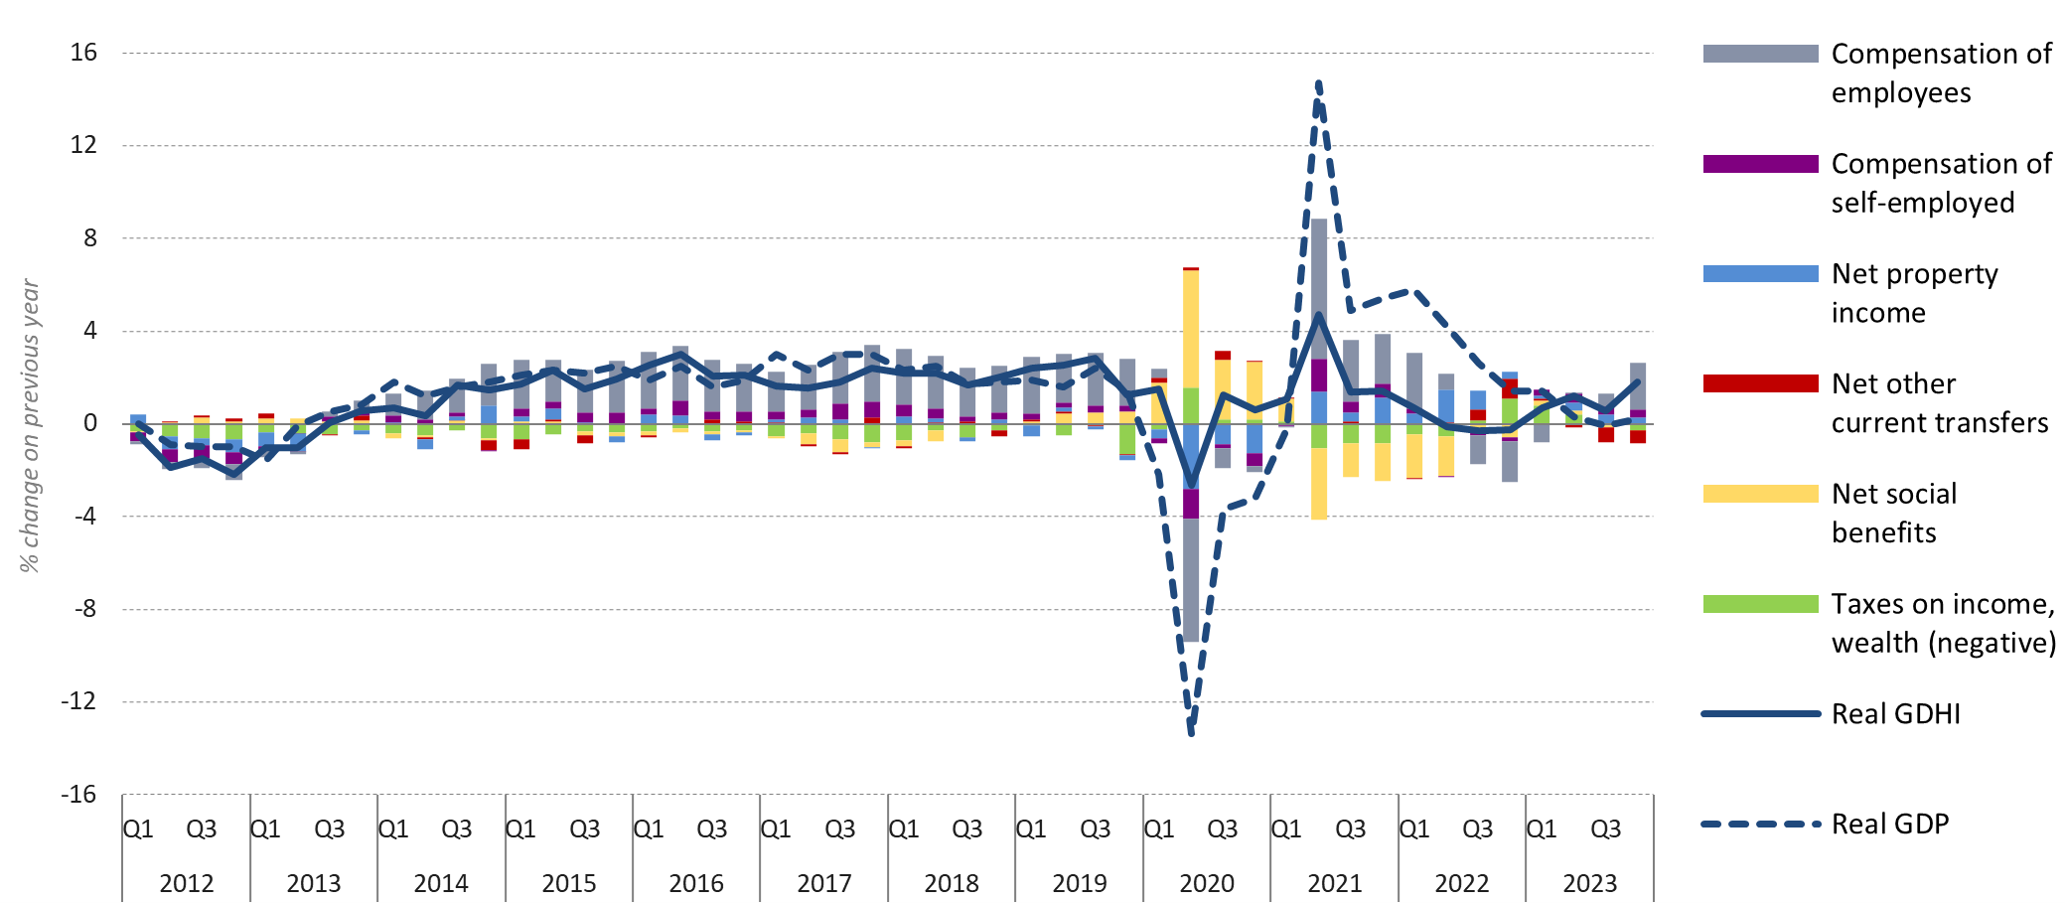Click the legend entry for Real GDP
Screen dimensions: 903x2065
1889,825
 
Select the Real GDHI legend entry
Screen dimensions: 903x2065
1895,714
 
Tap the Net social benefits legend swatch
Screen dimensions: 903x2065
1759,494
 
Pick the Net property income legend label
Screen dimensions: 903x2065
1913,293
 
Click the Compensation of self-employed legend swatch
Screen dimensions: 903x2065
1759,164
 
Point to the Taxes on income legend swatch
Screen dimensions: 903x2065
1759,604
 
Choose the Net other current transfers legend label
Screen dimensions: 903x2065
1939,403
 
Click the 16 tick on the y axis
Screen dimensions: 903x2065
84,53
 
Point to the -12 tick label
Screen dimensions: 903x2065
79,701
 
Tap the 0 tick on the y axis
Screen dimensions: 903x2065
90,423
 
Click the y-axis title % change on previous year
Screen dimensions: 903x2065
30,425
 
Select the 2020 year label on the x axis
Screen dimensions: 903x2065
1206,883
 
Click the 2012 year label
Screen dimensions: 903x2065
186,883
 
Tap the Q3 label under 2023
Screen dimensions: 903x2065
1605,828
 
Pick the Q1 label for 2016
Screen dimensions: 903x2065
648,828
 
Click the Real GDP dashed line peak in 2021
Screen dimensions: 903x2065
1318,84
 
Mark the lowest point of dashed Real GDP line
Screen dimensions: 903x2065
1191,733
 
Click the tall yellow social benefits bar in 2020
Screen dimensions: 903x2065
1191,328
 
